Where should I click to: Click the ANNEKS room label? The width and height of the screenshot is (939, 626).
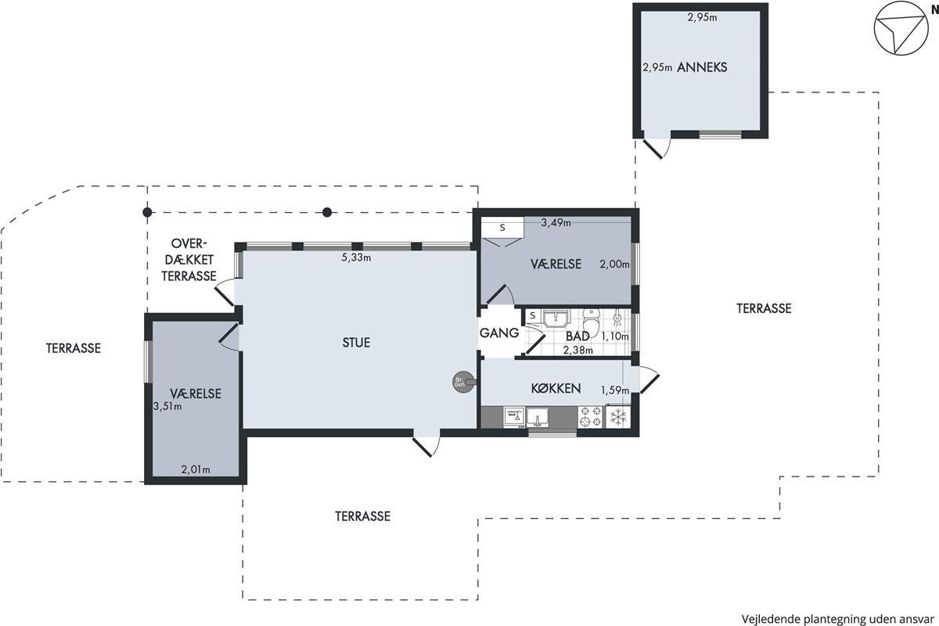[x=702, y=67]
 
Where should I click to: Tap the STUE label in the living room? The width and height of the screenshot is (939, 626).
[x=356, y=343]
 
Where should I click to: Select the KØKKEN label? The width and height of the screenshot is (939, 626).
[x=556, y=389]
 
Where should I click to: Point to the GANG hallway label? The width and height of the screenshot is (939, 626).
[x=499, y=333]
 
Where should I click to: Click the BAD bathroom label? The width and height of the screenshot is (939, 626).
[x=577, y=336]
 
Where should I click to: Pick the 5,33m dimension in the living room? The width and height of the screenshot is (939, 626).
[x=356, y=257]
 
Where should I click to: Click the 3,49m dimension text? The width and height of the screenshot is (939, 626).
[x=556, y=223]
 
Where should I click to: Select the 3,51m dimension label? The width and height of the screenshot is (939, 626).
[x=167, y=406]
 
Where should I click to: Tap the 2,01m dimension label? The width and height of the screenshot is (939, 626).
[x=196, y=469]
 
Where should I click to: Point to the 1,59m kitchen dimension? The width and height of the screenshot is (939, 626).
[x=615, y=390]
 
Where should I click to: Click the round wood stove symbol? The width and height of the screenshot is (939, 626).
[x=463, y=382]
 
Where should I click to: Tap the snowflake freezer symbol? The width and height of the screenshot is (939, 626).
[x=618, y=417]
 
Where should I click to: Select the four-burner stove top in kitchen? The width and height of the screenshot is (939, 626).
[x=590, y=417]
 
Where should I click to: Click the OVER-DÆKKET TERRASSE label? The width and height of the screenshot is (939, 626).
[x=189, y=260]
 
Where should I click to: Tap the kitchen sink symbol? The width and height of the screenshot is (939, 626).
[x=538, y=418]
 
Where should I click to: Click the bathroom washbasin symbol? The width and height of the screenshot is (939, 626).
[x=556, y=318]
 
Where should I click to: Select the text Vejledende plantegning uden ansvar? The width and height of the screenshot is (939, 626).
[x=838, y=619]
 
